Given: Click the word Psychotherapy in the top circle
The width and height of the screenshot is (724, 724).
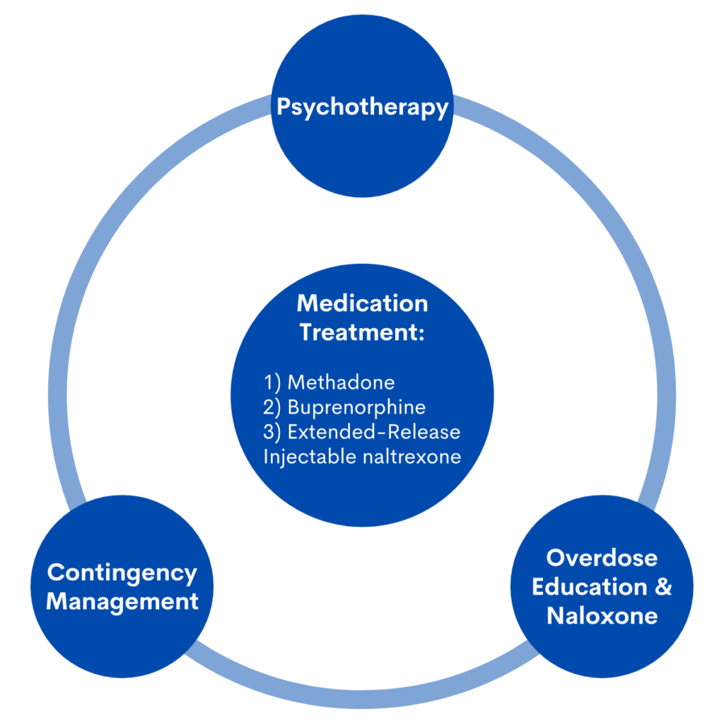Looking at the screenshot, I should (x=362, y=107).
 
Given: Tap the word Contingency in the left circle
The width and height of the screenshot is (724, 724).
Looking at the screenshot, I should (x=122, y=573).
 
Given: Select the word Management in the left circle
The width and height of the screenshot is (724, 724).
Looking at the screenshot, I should (x=122, y=602).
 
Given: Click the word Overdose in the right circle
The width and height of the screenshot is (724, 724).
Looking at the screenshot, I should (x=602, y=558).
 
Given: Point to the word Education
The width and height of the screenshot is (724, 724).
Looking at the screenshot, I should (x=589, y=587).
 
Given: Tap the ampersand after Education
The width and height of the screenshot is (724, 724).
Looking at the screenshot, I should (x=662, y=587).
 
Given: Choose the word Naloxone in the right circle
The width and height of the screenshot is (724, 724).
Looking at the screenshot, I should (x=602, y=615).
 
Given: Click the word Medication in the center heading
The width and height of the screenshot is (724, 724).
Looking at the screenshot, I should (x=362, y=303).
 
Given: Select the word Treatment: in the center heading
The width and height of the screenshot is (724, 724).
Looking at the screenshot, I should (x=359, y=332).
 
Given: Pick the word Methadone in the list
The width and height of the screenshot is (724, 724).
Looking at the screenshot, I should (x=341, y=383).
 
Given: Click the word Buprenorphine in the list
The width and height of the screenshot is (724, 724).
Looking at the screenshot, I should (x=356, y=407).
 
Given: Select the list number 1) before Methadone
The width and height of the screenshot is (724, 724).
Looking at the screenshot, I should (x=273, y=383).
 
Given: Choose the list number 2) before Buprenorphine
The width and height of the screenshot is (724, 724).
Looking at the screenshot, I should (x=273, y=407).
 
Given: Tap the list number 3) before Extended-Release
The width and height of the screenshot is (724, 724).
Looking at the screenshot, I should (x=273, y=432).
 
